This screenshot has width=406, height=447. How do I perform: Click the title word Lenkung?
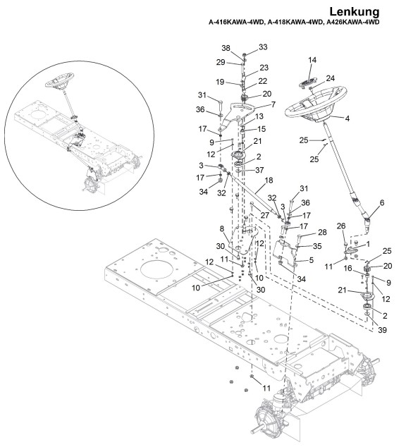355,12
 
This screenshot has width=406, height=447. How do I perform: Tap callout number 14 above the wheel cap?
312,60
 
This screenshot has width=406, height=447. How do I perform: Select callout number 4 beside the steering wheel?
347,118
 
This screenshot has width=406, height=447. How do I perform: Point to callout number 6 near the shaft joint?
382,202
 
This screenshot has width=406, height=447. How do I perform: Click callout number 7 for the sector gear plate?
273,104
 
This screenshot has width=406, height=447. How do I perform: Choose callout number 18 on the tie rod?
269,180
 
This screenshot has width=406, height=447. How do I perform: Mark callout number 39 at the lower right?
382,330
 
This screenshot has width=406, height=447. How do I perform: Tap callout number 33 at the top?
263,47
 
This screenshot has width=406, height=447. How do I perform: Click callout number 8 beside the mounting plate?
222,229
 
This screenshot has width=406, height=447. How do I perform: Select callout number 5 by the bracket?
311,260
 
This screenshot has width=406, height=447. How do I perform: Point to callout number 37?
259,170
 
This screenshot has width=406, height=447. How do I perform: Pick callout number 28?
322,233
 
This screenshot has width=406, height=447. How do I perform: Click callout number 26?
341,226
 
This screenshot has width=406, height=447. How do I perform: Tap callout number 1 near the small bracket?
368,245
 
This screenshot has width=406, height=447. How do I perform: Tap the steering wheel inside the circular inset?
59,80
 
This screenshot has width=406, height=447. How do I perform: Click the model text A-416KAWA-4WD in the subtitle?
236,23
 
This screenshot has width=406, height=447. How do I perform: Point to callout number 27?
265,215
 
